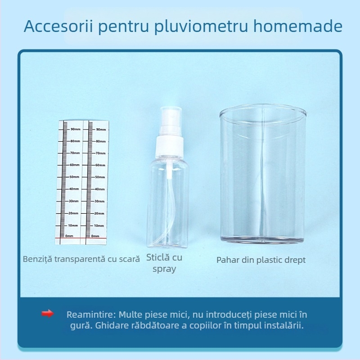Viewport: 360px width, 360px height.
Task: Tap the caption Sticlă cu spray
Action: (164, 263)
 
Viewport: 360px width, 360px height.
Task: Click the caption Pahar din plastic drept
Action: (261, 260)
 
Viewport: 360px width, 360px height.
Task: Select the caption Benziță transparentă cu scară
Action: (81, 259)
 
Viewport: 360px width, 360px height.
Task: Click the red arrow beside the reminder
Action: (47, 314)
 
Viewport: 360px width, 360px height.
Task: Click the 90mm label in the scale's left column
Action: (74, 129)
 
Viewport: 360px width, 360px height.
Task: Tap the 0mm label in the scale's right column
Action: (95, 236)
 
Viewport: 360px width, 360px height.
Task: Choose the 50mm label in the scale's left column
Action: (74, 177)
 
